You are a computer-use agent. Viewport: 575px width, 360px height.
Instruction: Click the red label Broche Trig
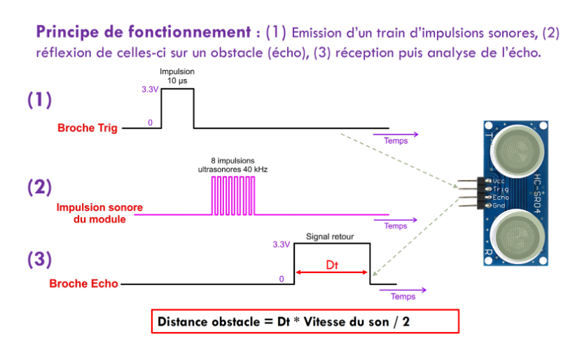pyautogui.click(x=87, y=128)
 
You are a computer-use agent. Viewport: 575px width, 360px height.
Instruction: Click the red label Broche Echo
pyautogui.click(x=83, y=284)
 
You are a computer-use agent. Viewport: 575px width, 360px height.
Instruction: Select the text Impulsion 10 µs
pyautogui.click(x=176, y=76)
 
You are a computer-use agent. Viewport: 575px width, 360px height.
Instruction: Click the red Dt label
pyautogui.click(x=333, y=265)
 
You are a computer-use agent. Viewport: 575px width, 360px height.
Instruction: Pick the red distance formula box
pyautogui.click(x=305, y=321)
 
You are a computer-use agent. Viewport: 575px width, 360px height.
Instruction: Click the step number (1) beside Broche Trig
pyautogui.click(x=40, y=100)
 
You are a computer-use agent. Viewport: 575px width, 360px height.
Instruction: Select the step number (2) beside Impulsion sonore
pyautogui.click(x=40, y=187)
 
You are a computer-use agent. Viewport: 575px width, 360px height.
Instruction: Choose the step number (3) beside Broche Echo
pyautogui.click(x=40, y=260)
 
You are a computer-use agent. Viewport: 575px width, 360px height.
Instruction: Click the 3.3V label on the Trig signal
pyautogui.click(x=150, y=90)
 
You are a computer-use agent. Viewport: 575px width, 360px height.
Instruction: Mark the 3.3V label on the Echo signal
pyautogui.click(x=281, y=245)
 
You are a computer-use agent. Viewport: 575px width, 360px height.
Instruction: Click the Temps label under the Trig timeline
pyautogui.click(x=395, y=141)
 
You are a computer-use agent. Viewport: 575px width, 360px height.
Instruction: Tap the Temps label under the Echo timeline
pyautogui.click(x=403, y=296)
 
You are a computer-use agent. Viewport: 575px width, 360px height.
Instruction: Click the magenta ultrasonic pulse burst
pyautogui.click(x=235, y=195)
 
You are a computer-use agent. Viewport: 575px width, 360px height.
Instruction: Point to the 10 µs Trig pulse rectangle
pyautogui.click(x=177, y=109)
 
